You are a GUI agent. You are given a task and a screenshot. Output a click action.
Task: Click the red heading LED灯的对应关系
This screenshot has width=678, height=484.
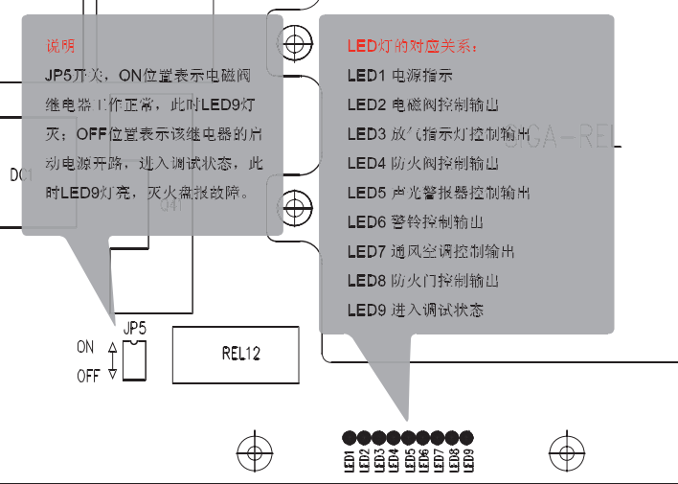(411, 46)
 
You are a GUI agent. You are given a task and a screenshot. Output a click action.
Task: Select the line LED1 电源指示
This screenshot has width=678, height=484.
(400, 75)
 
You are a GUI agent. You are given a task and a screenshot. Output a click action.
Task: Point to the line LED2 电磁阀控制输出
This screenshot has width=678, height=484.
(422, 104)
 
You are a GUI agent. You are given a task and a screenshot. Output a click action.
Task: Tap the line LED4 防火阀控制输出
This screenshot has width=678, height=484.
(422, 163)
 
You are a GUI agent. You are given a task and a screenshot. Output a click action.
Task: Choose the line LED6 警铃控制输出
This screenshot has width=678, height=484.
(415, 222)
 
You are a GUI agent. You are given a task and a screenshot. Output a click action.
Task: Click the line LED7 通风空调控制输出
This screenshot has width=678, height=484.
(430, 252)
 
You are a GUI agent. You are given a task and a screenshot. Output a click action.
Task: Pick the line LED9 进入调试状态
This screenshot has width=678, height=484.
(415, 311)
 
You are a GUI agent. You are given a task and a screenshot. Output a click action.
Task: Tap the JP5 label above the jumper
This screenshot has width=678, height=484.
(135, 329)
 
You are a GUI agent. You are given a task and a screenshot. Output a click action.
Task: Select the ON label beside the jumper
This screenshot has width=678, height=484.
(85, 347)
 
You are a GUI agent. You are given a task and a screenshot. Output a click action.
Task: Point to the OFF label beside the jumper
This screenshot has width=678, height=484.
(88, 377)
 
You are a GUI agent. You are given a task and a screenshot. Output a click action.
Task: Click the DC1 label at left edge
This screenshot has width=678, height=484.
(21, 175)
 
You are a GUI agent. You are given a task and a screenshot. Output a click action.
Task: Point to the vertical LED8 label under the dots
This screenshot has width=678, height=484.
(453, 461)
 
